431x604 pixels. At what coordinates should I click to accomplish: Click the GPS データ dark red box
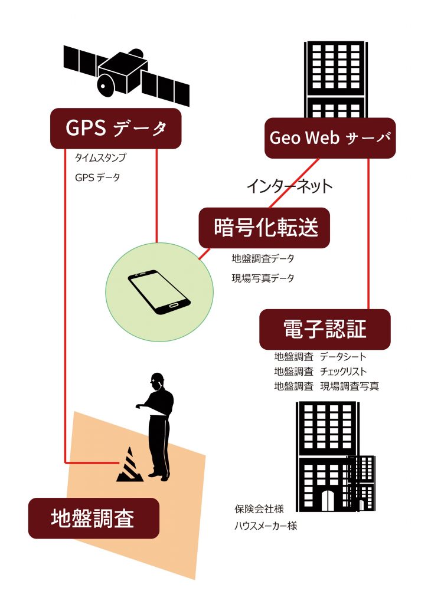116,128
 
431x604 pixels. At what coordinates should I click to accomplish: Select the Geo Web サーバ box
330,138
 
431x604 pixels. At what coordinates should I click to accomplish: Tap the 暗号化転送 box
265,228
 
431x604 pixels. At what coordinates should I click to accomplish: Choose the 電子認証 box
325,329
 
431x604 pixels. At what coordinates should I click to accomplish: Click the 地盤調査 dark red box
94,518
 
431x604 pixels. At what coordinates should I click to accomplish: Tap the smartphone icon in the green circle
159,292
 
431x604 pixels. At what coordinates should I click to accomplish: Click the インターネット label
289,186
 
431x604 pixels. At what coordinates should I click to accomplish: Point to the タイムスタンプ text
100,157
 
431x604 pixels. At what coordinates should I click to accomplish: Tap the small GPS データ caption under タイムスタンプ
97,178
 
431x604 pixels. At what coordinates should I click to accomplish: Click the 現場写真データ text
263,278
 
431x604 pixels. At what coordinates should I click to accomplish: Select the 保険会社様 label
259,509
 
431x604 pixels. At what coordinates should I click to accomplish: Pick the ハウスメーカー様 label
266,526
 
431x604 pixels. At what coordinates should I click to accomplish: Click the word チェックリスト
343,372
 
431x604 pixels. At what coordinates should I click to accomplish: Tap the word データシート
343,357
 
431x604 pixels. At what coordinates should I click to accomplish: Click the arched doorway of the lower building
328,500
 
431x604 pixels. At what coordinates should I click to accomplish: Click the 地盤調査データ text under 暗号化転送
263,258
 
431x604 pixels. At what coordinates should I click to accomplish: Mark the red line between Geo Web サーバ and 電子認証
368,234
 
